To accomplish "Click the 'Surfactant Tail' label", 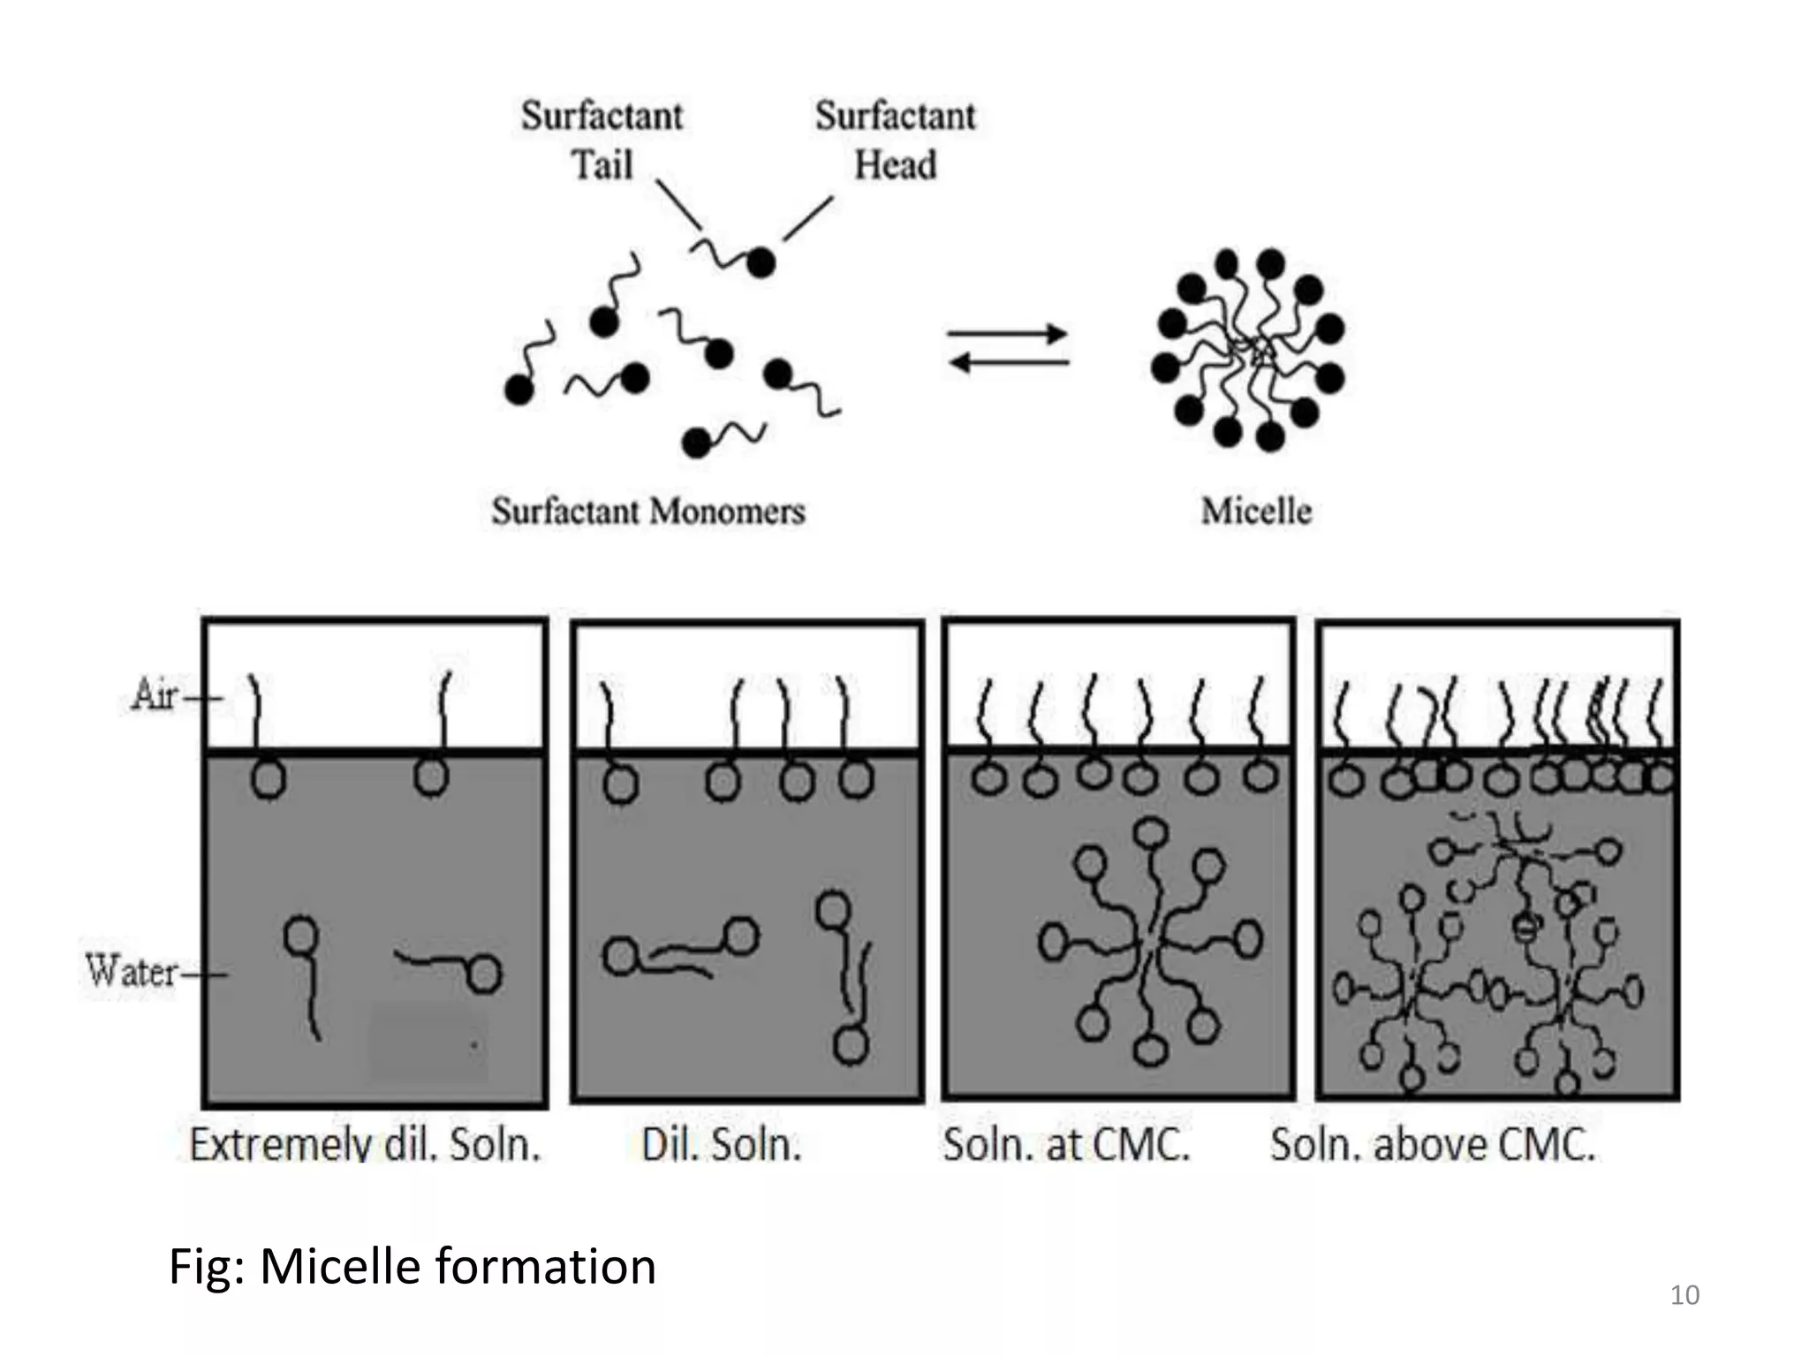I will pos(602,140).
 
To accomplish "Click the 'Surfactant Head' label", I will pos(895,140).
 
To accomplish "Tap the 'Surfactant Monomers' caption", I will pos(648,512).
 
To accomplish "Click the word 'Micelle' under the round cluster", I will pos(1256,512).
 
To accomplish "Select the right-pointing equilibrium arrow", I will pos(1007,335).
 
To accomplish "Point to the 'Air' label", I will pos(155,694).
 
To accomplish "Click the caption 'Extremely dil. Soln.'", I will pos(365,1145).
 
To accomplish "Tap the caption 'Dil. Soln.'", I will pos(722,1145).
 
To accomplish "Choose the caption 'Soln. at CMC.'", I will pos(1066,1145).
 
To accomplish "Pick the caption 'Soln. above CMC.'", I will pos(1433,1145).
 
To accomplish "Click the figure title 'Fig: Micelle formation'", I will pos(412,1266).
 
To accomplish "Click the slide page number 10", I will pos(1684,1295).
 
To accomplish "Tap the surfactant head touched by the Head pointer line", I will pos(761,262).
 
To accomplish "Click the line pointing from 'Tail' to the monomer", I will pos(678,204).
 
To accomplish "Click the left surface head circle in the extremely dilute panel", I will pos(269,780).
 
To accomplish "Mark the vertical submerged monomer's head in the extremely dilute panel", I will pos(301,935).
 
